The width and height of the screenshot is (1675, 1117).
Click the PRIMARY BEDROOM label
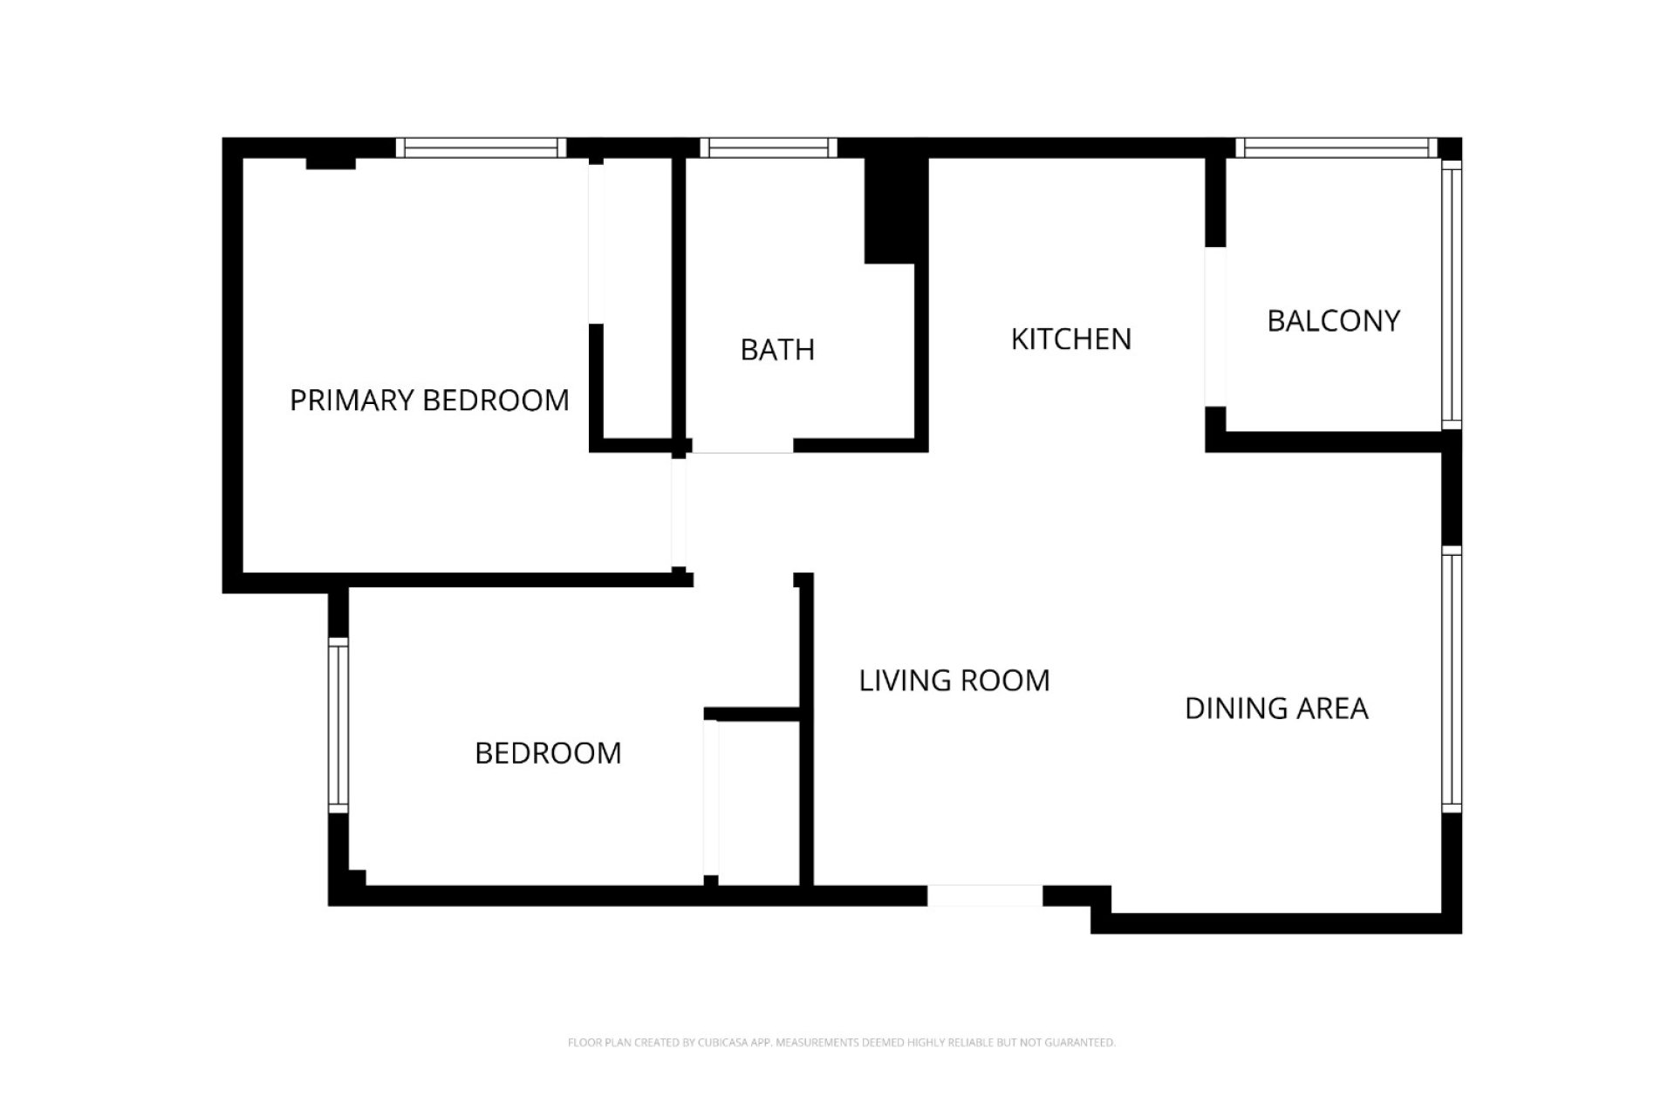tap(429, 401)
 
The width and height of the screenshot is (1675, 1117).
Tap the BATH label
tap(777, 350)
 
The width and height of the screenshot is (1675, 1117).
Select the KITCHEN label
tap(1070, 339)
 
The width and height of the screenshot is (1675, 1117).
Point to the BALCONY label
tap(1333, 321)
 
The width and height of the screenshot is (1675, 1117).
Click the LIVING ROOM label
tap(954, 681)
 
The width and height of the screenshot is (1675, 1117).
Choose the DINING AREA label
tap(1276, 709)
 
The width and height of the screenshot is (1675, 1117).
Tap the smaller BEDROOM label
tap(548, 753)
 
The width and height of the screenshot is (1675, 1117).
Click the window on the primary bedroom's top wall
tap(481, 147)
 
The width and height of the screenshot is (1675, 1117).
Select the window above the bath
tap(768, 147)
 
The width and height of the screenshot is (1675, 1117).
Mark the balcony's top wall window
tap(1336, 147)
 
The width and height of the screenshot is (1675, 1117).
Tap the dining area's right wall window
tap(1451, 679)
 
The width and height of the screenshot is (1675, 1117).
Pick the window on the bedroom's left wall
tap(338, 725)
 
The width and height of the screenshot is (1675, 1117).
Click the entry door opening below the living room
tap(984, 895)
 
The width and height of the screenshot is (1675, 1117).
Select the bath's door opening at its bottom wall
tap(742, 445)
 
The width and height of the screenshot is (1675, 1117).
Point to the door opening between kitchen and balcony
tap(1215, 327)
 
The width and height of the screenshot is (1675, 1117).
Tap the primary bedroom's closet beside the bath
tap(637, 301)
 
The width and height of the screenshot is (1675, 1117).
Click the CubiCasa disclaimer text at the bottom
tap(841, 1042)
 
